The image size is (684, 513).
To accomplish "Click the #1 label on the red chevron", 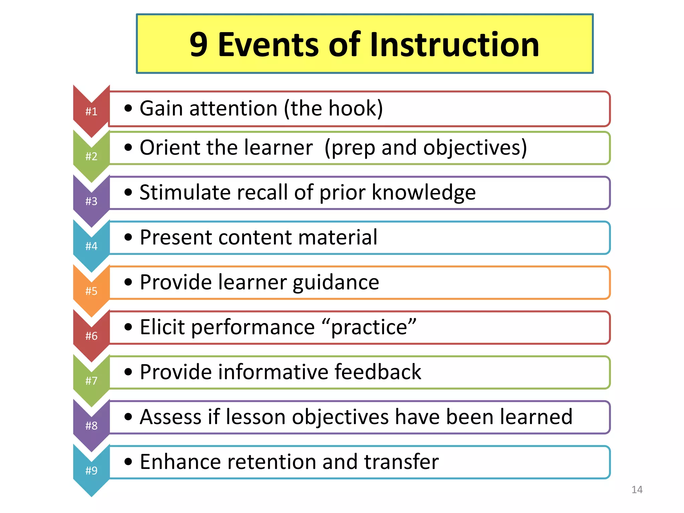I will point(91,111).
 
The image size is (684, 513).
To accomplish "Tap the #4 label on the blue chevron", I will point(91,246).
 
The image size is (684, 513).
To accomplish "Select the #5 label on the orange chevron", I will point(91,291).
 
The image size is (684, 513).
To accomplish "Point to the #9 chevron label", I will point(91,471).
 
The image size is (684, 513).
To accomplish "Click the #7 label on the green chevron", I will point(91,381).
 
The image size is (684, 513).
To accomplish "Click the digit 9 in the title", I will point(199,45).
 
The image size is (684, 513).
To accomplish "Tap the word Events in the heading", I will point(269,45).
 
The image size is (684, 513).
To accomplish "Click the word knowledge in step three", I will point(424,192).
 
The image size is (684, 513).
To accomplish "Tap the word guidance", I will point(336,283).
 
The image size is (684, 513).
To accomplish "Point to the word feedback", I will point(378,372).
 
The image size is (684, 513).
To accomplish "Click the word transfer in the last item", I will point(401,462).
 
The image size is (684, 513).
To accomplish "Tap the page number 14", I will point(637,490).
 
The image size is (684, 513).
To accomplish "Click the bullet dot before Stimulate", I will point(128,192).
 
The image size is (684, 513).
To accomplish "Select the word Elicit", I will point(162,327).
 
